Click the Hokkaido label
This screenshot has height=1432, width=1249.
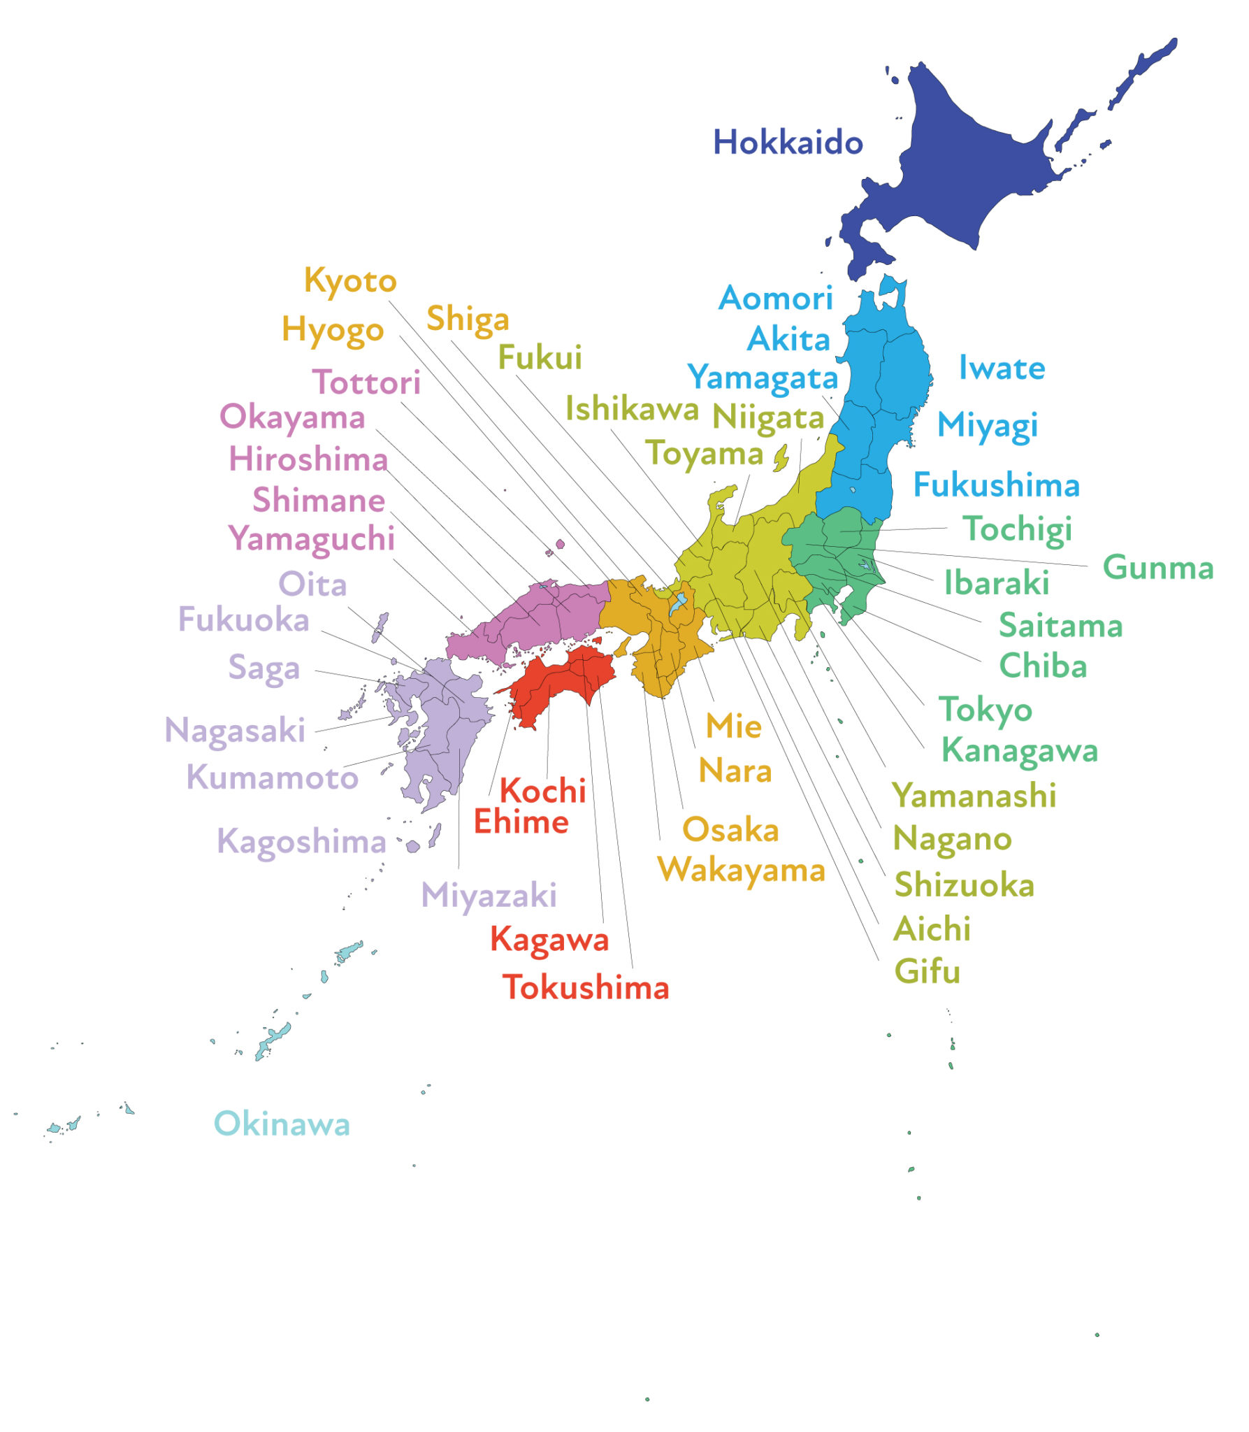(x=788, y=143)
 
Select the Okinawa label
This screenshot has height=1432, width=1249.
(x=282, y=1124)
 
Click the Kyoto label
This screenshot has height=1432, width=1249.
(x=350, y=281)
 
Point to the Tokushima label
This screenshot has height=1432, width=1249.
(x=586, y=987)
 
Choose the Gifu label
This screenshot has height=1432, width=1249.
(x=927, y=972)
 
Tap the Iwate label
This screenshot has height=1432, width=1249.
(x=1002, y=368)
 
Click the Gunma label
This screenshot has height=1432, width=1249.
(x=1157, y=567)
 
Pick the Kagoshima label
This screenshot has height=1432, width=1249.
(x=301, y=842)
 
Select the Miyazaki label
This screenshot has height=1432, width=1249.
(x=489, y=896)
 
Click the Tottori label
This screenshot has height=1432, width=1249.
(x=366, y=382)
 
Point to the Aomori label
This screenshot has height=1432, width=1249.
(x=776, y=299)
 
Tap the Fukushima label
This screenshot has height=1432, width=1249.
(x=996, y=485)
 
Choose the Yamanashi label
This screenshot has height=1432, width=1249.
(x=974, y=796)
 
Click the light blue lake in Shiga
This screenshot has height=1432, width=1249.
(x=678, y=603)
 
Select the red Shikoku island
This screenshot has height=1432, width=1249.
(x=559, y=682)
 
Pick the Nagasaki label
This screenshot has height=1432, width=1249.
(x=235, y=731)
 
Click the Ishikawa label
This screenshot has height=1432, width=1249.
(x=631, y=408)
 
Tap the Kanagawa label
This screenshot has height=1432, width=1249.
(x=1019, y=751)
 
